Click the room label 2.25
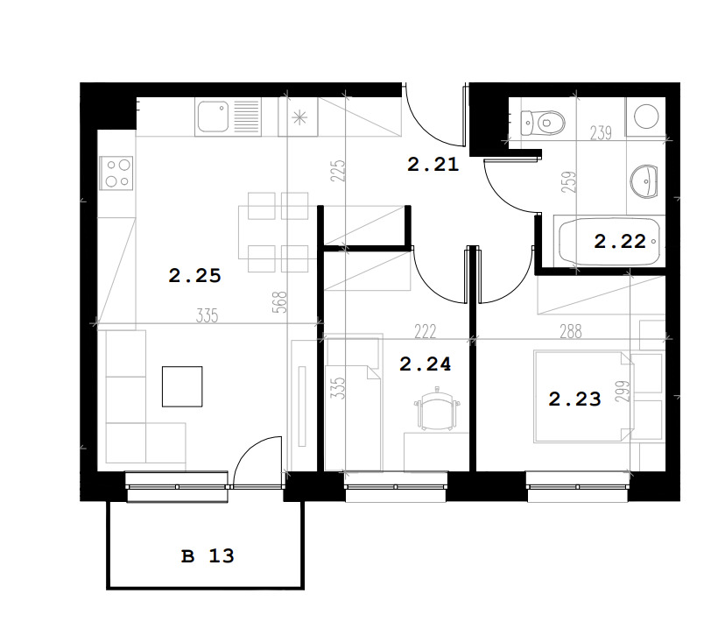[x=194, y=276]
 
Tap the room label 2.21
[x=433, y=164]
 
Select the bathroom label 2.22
[x=620, y=241]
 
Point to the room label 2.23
[x=574, y=399]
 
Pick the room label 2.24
[x=425, y=364]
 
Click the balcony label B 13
[x=208, y=555]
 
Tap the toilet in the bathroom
[x=542, y=123]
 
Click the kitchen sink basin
[x=213, y=117]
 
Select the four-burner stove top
[x=116, y=173]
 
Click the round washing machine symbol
[x=646, y=117]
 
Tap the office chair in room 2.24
[x=437, y=408]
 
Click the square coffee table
[x=182, y=386]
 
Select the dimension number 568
[x=281, y=302]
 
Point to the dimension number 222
[x=425, y=331]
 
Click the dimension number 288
[x=571, y=331]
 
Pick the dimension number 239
[x=601, y=133]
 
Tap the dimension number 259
[x=571, y=182]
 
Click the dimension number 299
[x=623, y=391]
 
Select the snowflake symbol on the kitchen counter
[x=299, y=118]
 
